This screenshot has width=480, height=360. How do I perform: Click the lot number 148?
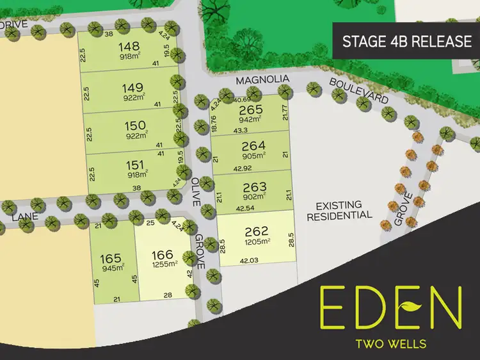point(129,47)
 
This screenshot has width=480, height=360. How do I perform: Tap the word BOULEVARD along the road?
point(359,92)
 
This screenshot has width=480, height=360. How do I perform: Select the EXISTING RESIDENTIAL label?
point(339,210)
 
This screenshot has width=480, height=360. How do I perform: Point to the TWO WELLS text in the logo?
point(390,343)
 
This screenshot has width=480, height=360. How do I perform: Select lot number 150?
point(135,126)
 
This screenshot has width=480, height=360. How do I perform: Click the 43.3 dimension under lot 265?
point(241,130)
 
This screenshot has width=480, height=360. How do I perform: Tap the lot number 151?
point(135,165)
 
